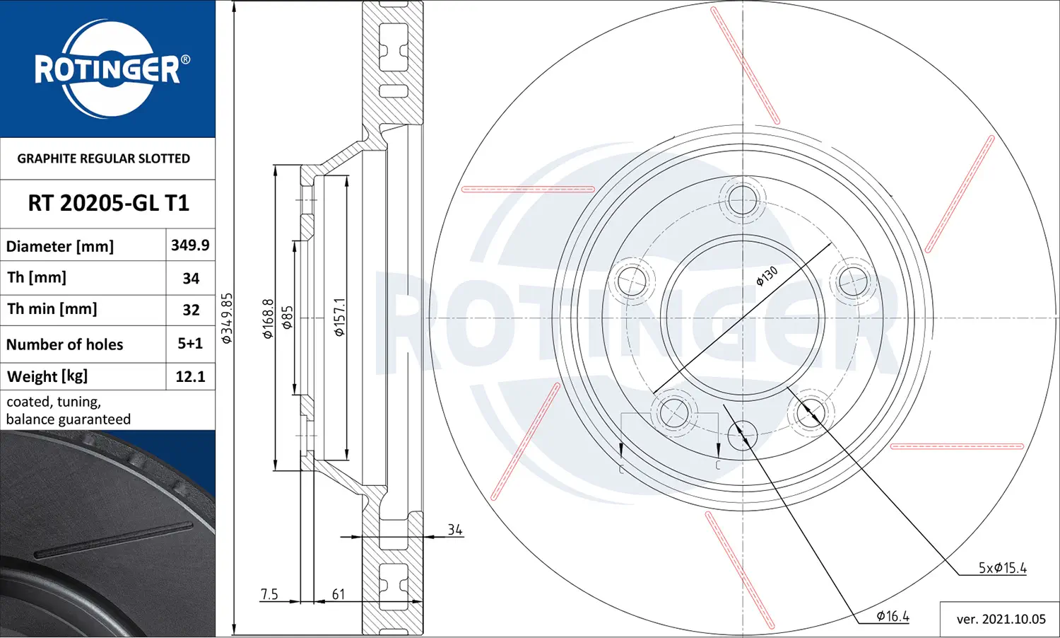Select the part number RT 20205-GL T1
[108, 203]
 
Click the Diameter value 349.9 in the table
[190, 245]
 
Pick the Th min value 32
[191, 310]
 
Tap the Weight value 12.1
[190, 376]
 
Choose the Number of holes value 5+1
[190, 343]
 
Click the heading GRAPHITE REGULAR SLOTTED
[104, 158]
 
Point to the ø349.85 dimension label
[227, 318]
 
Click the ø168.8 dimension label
[268, 318]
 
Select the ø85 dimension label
[287, 318]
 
